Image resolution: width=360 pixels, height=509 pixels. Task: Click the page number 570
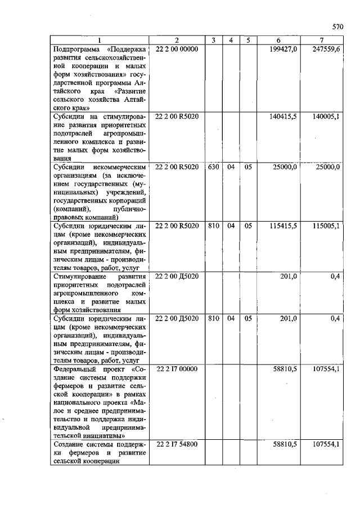(337, 26)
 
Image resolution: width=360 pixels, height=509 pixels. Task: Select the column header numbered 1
(99, 40)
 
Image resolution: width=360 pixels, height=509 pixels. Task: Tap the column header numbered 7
(321, 40)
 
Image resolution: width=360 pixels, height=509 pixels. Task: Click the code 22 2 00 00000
(177, 49)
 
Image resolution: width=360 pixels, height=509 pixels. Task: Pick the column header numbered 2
(176, 40)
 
